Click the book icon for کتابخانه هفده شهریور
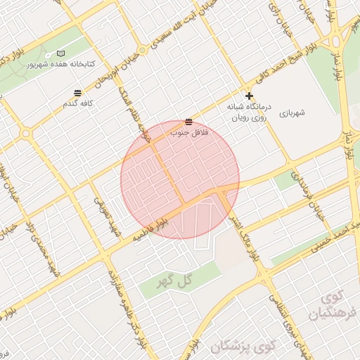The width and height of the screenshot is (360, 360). tap(60, 54)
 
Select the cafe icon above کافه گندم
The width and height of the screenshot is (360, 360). tap(77, 93)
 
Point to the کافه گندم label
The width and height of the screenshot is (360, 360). tap(77, 103)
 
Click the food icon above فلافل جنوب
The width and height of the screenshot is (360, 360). tap(188, 122)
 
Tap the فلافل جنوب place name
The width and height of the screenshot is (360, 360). tap(187, 131)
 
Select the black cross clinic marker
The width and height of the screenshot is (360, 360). tap(249, 96)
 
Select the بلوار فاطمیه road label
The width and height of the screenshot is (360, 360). tap(151, 232)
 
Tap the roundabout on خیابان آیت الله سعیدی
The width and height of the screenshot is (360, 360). tap(142, 51)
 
